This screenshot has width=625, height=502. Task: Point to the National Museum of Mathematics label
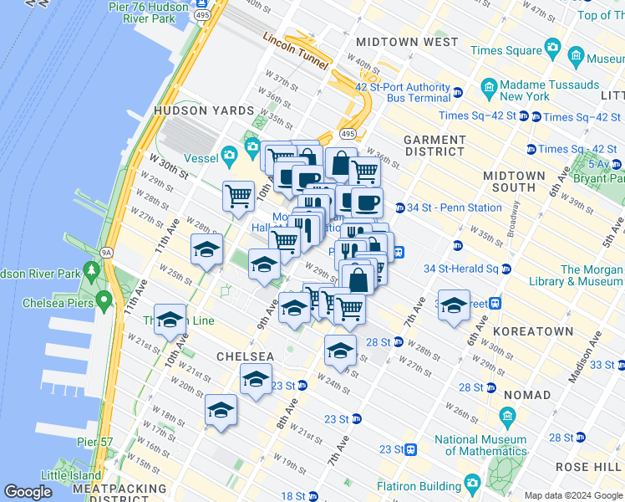pos(480,445)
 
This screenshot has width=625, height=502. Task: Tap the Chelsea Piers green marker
pos(104,300)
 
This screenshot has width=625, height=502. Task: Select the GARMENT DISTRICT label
pos(434,146)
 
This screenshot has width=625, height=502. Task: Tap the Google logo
pos(28,493)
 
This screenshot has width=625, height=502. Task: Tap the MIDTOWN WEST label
pos(406,42)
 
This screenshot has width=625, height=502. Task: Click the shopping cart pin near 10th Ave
pos(238,196)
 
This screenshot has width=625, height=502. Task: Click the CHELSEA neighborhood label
pos(246,356)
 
